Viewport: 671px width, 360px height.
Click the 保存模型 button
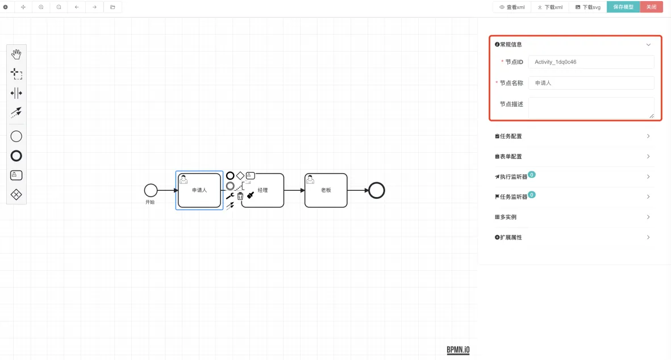[x=623, y=7]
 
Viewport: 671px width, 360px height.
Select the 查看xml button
[x=512, y=7]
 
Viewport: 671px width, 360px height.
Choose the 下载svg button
[x=587, y=7]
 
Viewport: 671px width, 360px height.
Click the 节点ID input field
[x=591, y=62]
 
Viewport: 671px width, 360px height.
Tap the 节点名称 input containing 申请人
[x=591, y=83]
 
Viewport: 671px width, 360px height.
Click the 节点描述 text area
[x=591, y=107]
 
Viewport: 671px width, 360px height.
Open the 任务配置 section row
[x=573, y=136]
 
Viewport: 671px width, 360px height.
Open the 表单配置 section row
[x=573, y=156]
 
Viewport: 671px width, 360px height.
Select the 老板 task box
[x=326, y=190]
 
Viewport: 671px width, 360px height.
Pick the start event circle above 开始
[x=151, y=190]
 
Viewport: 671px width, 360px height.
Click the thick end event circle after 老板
[x=376, y=190]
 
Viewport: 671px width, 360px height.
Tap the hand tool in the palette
[x=16, y=55]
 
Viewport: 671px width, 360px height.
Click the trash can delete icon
[x=240, y=196]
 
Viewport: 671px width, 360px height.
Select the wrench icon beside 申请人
[x=230, y=196]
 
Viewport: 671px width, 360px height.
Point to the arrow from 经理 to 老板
[x=294, y=190]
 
